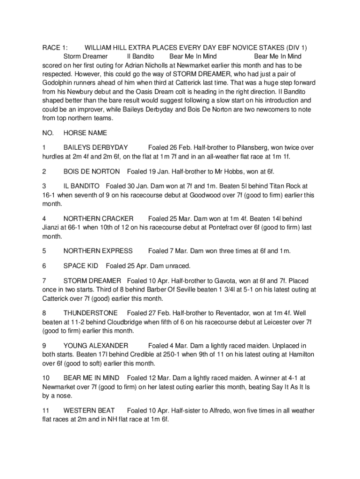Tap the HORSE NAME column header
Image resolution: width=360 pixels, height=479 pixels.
point(85,133)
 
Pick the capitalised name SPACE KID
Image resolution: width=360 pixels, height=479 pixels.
point(81,266)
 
